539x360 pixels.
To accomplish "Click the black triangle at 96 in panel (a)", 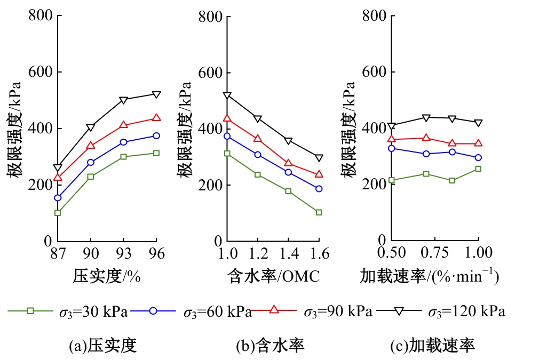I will click(x=156, y=94).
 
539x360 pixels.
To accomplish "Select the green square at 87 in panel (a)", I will click(x=58, y=213).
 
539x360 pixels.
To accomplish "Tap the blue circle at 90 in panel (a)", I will click(x=91, y=162).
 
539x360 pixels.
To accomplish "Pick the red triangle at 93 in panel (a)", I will click(x=124, y=125).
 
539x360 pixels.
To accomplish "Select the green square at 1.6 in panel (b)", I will click(x=319, y=212).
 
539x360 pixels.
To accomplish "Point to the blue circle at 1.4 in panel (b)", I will click(x=288, y=172).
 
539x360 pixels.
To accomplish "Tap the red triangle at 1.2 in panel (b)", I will click(x=258, y=138).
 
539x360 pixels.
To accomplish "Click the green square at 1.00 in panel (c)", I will click(x=478, y=169).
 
